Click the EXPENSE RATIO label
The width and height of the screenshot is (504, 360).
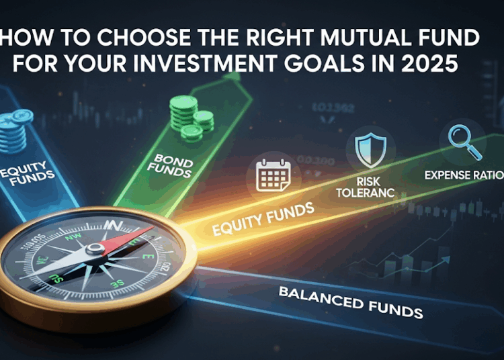[464, 176]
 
